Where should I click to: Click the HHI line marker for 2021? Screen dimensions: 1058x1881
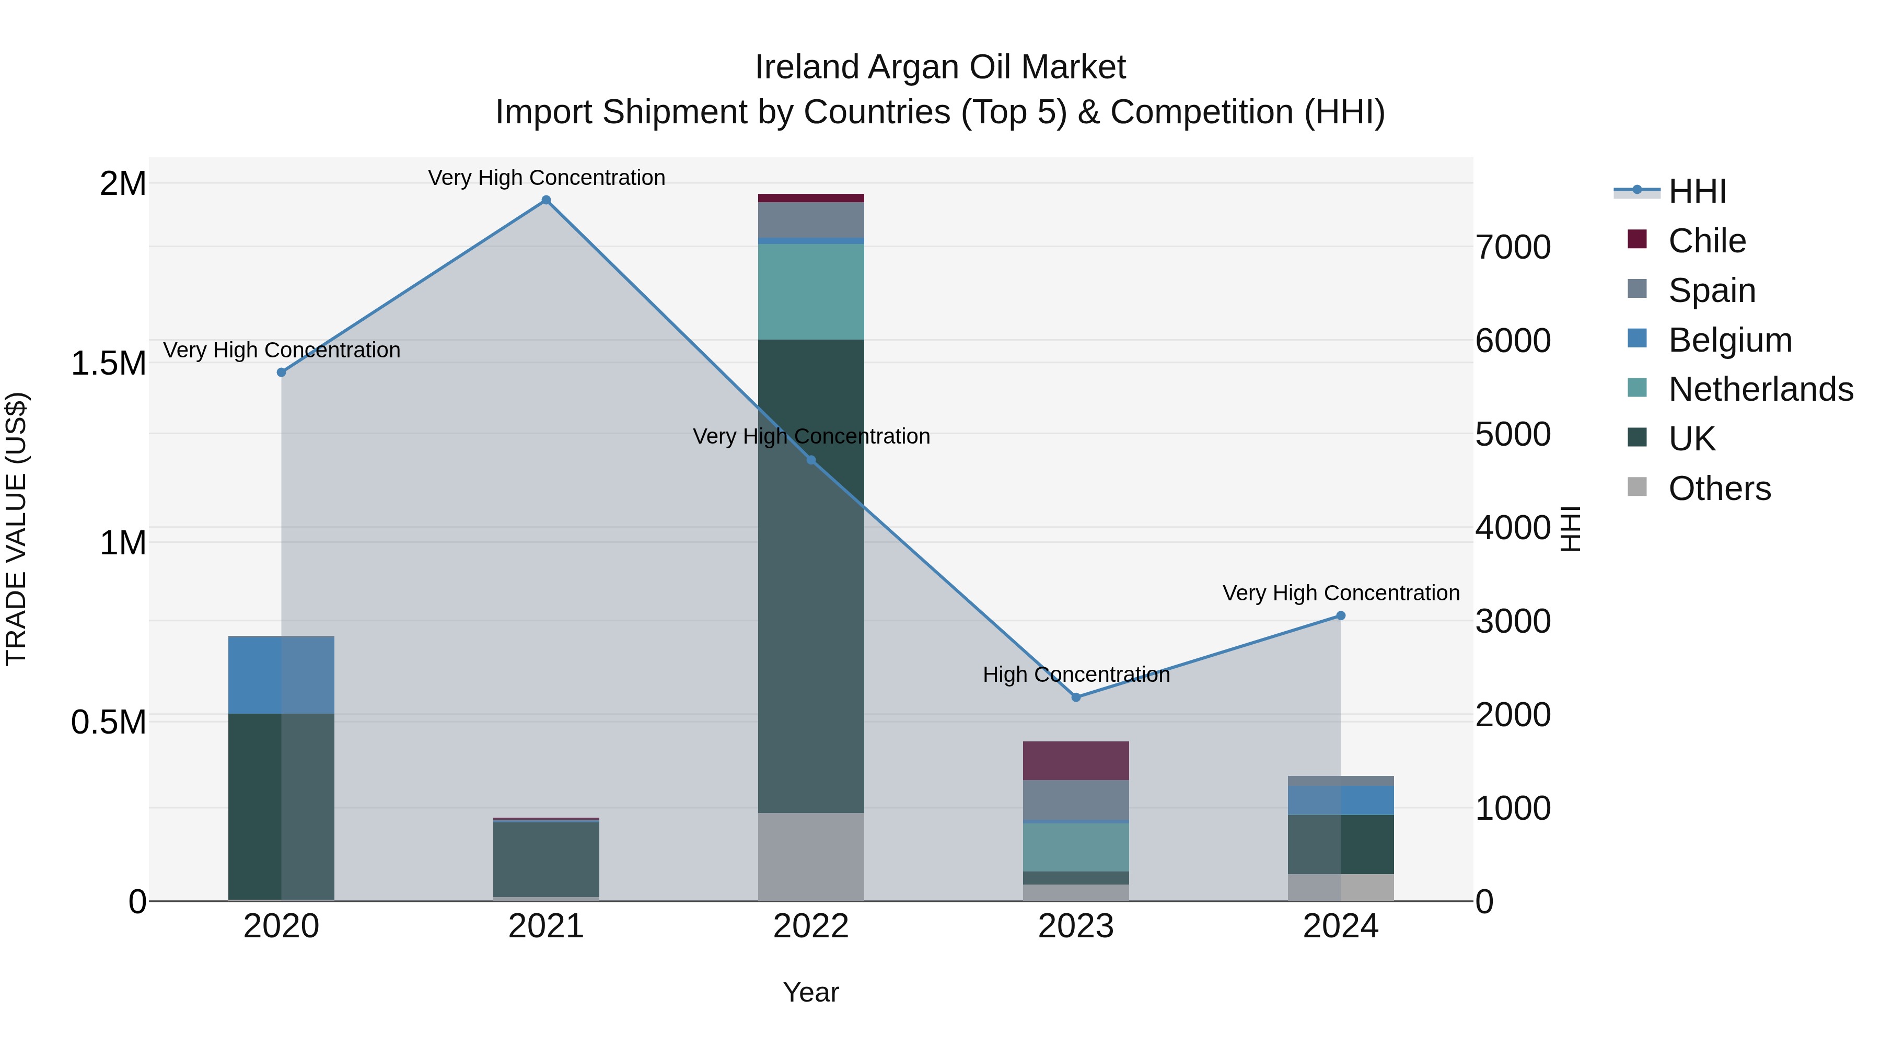pos(545,200)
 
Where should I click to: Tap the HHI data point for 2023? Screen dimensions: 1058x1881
pos(1076,697)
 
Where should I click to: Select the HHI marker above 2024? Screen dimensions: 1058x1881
pos(1341,615)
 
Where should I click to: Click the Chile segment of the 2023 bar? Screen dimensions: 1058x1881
pos(1076,761)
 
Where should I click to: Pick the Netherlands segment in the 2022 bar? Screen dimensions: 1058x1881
pos(810,292)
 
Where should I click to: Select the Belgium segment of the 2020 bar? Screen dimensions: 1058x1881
pos(281,676)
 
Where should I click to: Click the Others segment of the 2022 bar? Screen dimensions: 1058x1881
pos(810,856)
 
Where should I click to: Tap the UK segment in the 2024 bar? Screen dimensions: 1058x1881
pos(1341,844)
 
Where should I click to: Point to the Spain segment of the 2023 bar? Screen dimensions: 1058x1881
pos(1076,800)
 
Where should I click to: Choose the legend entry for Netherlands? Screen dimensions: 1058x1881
pos(1760,389)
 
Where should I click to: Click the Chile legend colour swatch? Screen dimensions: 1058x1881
pos(1637,239)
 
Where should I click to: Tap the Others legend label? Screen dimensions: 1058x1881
pos(1720,489)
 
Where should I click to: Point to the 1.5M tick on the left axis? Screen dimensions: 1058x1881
pos(108,363)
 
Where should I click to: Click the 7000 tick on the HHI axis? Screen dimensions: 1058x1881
pos(1513,248)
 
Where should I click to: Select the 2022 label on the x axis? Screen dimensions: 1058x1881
pos(810,926)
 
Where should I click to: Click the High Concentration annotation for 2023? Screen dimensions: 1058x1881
pos(1076,674)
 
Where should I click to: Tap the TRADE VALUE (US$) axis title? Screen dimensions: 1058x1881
pos(16,529)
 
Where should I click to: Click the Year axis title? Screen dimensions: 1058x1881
pos(810,992)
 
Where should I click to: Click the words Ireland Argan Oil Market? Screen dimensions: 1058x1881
pos(940,67)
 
